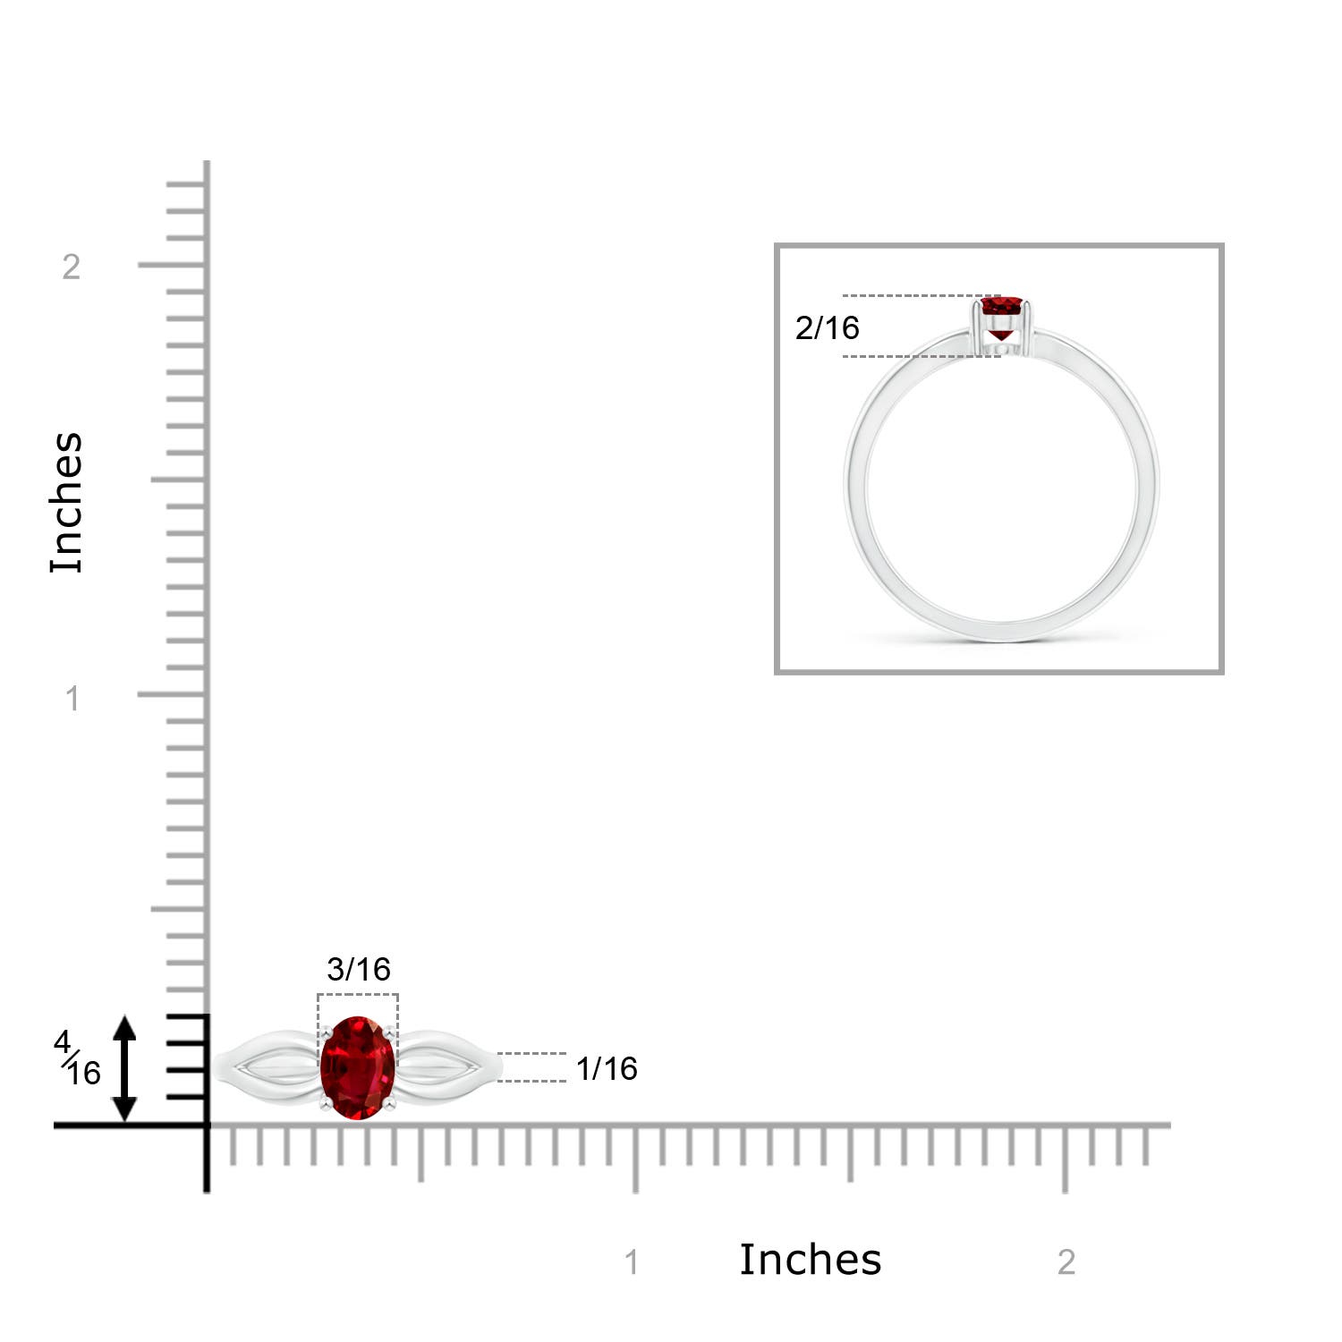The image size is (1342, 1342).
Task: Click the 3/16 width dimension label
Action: click(x=359, y=969)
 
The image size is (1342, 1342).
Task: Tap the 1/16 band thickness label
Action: click(x=607, y=1068)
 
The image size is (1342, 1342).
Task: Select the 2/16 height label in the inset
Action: click(x=827, y=327)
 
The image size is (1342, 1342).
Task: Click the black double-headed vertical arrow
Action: click(x=124, y=1068)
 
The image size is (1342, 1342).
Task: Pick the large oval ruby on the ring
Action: click(x=358, y=1067)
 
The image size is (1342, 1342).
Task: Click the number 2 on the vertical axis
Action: click(x=72, y=267)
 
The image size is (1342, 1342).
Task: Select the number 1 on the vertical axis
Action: click(x=72, y=699)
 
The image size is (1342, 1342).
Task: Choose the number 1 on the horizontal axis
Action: click(x=632, y=1262)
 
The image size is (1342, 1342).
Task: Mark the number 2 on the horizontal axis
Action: click(x=1066, y=1262)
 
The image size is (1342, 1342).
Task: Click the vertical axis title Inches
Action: click(x=67, y=502)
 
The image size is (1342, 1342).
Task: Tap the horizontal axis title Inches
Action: click(x=810, y=1260)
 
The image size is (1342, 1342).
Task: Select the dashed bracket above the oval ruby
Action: click(x=358, y=995)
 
